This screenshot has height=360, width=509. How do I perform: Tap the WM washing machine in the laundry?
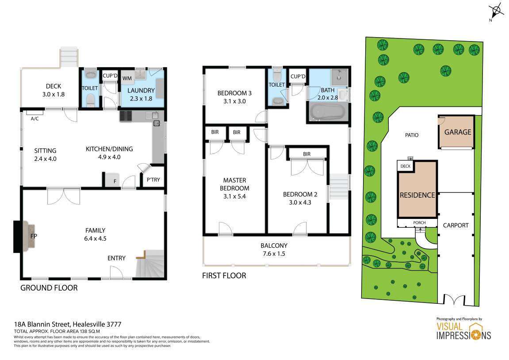[x=127, y=78]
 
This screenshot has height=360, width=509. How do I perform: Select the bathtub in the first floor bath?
[x=327, y=112]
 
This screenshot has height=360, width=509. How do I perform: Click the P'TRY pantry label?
[x=153, y=180]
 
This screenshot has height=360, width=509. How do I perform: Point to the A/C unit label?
[x=35, y=119]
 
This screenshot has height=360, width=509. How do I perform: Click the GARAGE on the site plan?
[x=456, y=132]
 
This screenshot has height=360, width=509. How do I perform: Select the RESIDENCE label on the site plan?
[x=417, y=195]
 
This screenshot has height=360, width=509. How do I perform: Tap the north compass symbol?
[x=496, y=11]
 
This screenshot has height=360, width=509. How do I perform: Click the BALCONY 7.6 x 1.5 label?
[x=274, y=249]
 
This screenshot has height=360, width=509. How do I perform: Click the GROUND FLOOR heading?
[x=49, y=288]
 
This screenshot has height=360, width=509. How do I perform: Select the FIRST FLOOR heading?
[x=224, y=276]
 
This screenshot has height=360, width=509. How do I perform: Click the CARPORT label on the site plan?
[x=456, y=225]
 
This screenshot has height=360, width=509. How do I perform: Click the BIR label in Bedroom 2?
[x=307, y=154]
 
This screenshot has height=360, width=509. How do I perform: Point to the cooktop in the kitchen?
[x=126, y=116]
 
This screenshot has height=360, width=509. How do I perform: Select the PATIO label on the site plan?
[x=412, y=135]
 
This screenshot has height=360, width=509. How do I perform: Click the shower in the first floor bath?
[x=339, y=77]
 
